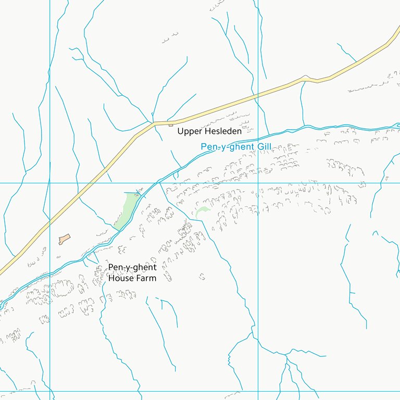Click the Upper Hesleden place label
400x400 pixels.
click(209, 131)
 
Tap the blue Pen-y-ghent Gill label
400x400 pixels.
click(236, 147)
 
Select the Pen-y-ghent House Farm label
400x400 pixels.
click(132, 272)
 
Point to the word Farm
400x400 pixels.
click(146, 278)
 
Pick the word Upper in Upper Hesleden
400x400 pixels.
click(188, 131)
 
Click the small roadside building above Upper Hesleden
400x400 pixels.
click(170, 124)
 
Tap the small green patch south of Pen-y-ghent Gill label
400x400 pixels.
click(202, 211)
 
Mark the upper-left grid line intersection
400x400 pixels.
click(50, 183)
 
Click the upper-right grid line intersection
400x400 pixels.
click(258, 183)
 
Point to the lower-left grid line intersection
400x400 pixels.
click(50, 391)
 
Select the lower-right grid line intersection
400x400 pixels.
click(258, 391)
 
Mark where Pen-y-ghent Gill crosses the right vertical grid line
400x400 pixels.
click(258, 134)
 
